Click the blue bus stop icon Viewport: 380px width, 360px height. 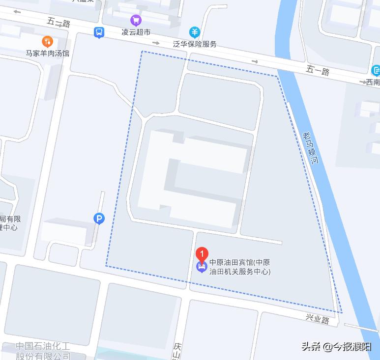coord(99,32)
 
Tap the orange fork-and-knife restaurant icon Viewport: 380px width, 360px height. coord(48,41)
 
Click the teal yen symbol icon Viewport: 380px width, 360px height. coord(195,32)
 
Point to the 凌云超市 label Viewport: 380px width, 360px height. coord(136,32)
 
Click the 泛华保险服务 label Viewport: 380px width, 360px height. coord(195,44)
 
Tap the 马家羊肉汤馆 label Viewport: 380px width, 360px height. coord(48,53)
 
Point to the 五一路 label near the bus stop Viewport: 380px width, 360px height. coord(58,23)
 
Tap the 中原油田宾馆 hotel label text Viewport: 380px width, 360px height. coord(239,267)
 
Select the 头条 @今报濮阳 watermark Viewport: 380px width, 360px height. coord(336,346)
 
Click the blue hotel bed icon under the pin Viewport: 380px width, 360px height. coord(201,268)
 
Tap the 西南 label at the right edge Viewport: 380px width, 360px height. coord(373,82)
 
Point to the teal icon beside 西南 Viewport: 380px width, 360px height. coord(376,71)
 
